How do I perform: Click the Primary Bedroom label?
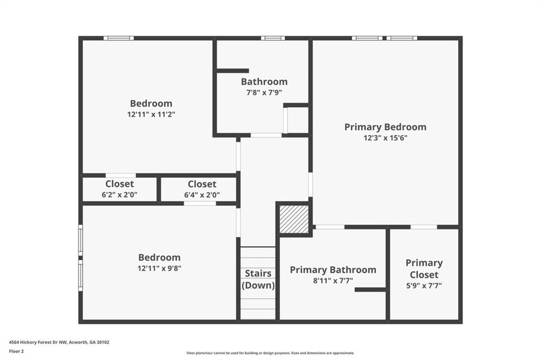(385, 127)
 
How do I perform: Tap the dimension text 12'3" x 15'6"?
(385, 138)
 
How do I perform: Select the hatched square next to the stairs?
(294, 219)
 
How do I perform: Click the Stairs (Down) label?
(258, 279)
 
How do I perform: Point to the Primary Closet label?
(424, 269)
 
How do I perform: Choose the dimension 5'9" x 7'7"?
(424, 285)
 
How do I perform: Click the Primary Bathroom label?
(333, 270)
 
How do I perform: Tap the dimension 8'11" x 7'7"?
(333, 281)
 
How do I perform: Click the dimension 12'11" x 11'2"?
(151, 114)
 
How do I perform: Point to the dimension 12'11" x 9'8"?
(159, 268)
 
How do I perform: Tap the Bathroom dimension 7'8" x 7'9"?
(264, 93)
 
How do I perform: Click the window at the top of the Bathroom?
(273, 38)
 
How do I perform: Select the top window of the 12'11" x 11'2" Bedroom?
(119, 38)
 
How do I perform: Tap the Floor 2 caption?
(16, 352)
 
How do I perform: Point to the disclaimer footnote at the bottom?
(270, 353)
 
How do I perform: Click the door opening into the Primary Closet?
(424, 227)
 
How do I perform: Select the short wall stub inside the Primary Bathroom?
(370, 290)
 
